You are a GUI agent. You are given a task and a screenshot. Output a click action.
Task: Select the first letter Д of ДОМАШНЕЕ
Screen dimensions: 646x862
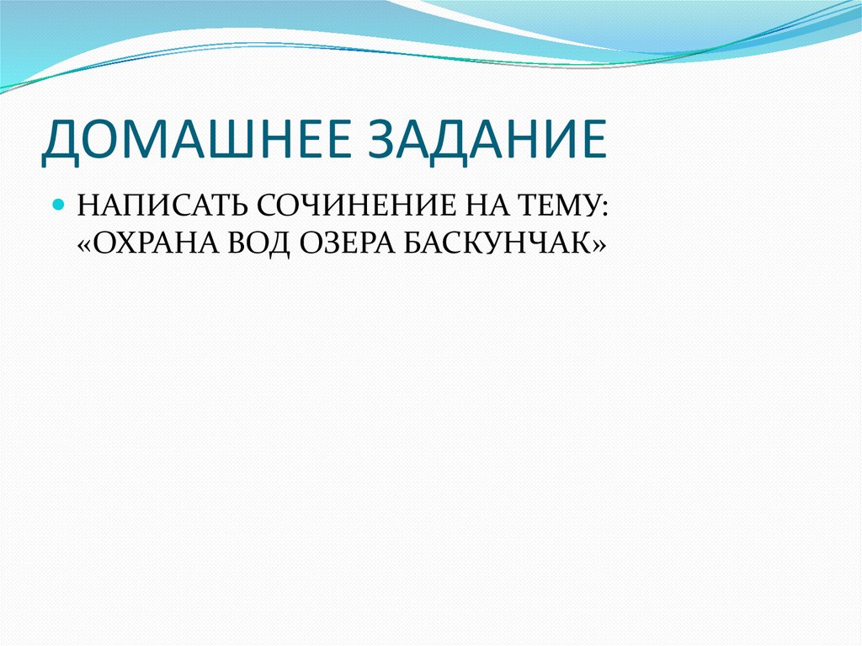(x=60, y=141)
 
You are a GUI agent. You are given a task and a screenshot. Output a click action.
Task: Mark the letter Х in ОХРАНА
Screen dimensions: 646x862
(x=131, y=244)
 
